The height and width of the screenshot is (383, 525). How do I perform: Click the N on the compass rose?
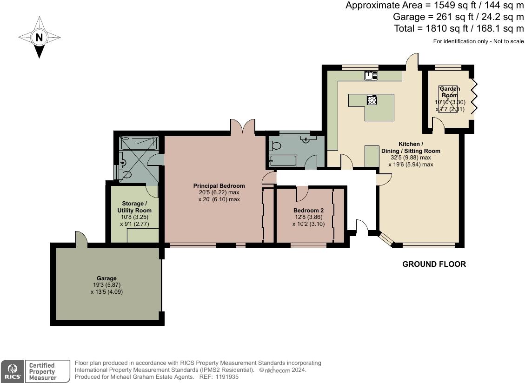pyautogui.click(x=40, y=37)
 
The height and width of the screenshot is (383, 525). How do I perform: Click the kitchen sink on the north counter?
pyautogui.click(x=371, y=75)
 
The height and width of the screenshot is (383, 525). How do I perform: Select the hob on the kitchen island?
pyautogui.click(x=372, y=100)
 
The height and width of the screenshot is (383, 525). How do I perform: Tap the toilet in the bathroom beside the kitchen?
pyautogui.click(x=275, y=145)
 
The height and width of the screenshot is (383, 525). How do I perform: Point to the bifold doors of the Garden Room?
pyautogui.click(x=473, y=96)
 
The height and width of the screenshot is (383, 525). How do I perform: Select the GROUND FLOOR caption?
pyautogui.click(x=434, y=264)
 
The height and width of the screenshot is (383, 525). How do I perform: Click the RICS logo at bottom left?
pyautogui.click(x=11, y=371)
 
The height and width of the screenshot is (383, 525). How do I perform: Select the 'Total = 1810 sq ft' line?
pyautogui.click(x=459, y=29)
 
